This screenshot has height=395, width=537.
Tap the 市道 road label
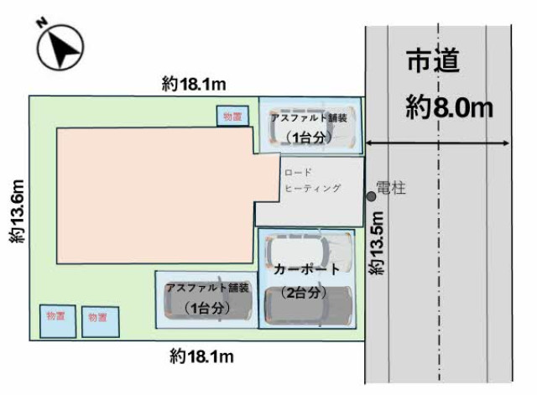click(435, 62)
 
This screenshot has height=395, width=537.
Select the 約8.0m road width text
click(448, 107)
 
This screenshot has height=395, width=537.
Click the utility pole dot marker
click(371, 195)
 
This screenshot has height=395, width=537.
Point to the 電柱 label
click(392, 190)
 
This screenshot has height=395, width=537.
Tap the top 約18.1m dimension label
click(196, 83)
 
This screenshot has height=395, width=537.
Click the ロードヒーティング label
click(310, 181)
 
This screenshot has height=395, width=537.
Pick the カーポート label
click(306, 269)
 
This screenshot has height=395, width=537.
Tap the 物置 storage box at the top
click(233, 117)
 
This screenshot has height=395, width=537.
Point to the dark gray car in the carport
click(308, 307)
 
